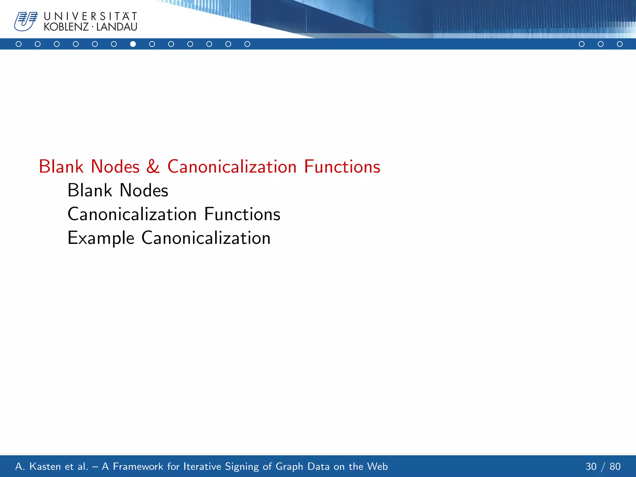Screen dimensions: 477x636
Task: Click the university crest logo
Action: (25, 21)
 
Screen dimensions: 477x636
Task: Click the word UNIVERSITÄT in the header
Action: (90, 16)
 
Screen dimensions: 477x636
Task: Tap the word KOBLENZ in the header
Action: (66, 27)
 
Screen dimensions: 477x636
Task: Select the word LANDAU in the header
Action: (117, 27)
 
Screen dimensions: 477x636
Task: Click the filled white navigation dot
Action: (133, 44)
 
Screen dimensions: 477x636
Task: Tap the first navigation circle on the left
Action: (19, 44)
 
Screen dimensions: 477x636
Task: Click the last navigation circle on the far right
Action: (620, 44)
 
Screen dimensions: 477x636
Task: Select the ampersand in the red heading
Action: (153, 166)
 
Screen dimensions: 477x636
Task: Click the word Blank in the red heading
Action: (61, 166)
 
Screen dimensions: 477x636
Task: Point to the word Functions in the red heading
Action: (342, 166)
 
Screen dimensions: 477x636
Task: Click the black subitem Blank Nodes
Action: (118, 190)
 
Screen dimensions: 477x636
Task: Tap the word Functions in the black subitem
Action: (242, 214)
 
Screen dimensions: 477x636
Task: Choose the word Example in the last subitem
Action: (101, 238)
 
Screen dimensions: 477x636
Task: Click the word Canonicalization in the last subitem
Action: (206, 238)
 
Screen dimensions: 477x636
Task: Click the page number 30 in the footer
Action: (591, 466)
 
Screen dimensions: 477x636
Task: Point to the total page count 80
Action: (615, 466)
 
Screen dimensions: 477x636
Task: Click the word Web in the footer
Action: (377, 466)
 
